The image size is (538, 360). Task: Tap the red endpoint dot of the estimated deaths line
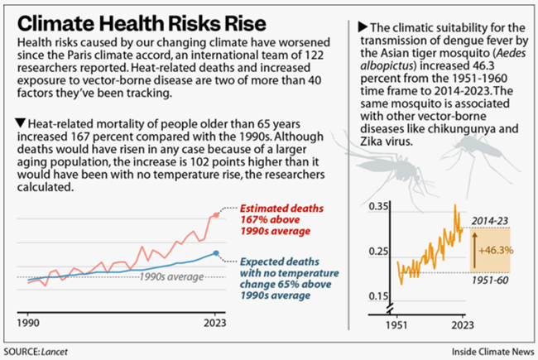tap(216, 215)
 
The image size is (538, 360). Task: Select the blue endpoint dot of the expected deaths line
tap(216, 253)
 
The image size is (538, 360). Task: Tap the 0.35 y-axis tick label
tap(378, 207)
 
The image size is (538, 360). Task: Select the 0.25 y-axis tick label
tap(378, 252)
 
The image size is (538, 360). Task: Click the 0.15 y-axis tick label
tap(378, 295)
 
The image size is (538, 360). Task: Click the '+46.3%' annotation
tap(495, 247)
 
